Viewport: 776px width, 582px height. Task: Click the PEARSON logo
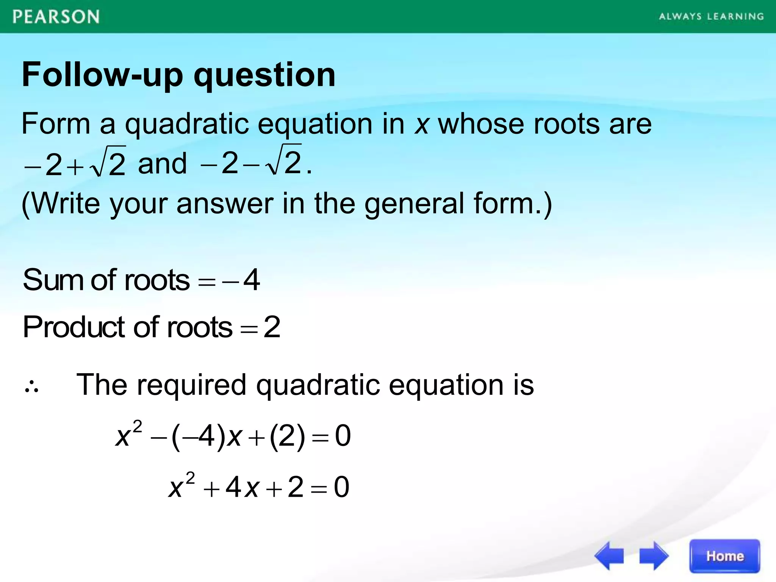[x=56, y=17]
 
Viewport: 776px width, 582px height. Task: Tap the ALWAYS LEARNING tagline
[x=711, y=17]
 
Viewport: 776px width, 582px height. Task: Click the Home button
[x=724, y=556]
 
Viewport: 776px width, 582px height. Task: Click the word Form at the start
[x=56, y=124]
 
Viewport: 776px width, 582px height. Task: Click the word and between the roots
[x=163, y=164]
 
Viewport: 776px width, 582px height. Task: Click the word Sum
[x=53, y=280]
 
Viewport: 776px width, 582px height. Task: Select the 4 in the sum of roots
[x=252, y=280]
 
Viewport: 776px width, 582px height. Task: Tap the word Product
[x=74, y=327]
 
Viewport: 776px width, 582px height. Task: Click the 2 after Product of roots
[x=272, y=327]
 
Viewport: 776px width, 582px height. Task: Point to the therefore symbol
[x=31, y=387]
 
